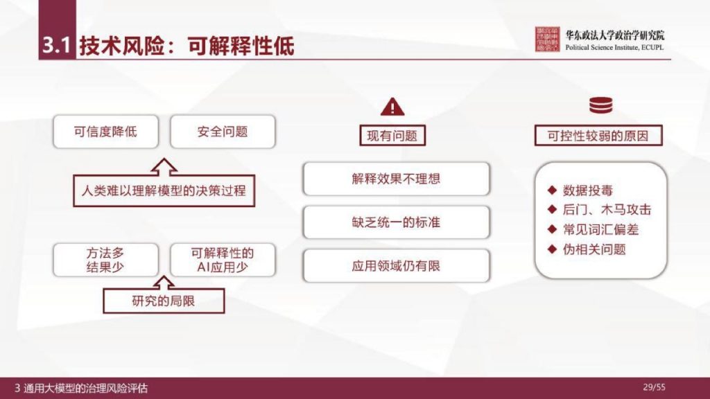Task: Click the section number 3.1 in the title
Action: [56, 46]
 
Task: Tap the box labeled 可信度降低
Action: [106, 132]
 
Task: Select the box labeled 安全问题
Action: [223, 132]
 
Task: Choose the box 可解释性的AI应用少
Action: [223, 259]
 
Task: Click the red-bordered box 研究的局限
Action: [164, 300]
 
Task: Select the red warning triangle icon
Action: [392, 106]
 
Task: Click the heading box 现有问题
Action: [392, 136]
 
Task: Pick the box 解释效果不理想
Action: [396, 179]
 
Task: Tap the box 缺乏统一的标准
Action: [396, 222]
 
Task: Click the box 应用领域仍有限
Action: [396, 265]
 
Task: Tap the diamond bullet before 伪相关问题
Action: [552, 249]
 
